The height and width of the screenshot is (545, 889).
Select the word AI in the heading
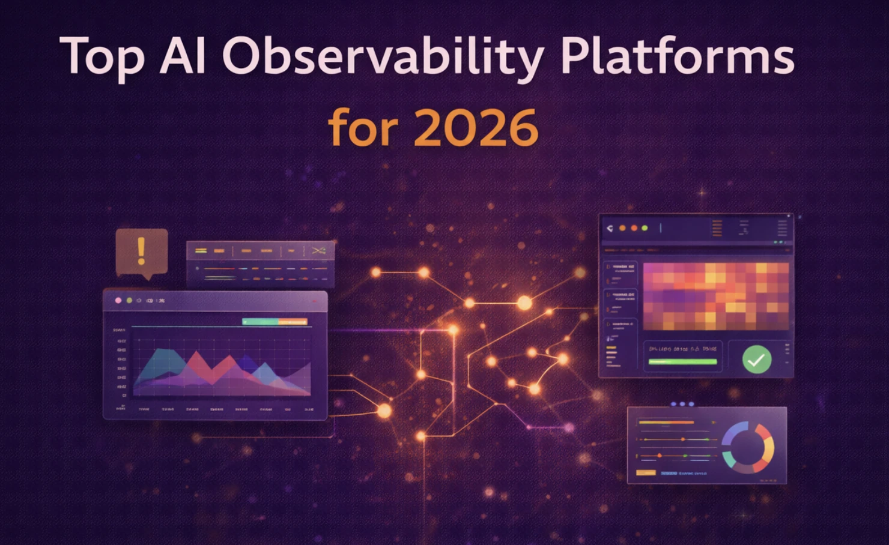tap(183, 56)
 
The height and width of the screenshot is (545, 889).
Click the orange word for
tap(363, 127)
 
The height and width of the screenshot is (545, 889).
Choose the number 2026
tap(476, 128)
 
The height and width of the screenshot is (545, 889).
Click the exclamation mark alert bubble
tap(141, 251)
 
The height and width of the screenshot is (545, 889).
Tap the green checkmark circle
tap(756, 360)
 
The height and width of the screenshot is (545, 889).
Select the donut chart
tap(748, 447)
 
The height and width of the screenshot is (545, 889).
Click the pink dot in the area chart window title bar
tap(118, 300)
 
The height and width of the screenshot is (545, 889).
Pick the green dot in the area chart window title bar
tap(129, 300)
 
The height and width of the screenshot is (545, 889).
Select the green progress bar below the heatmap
tap(682, 362)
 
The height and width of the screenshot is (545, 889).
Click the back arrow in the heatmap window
tap(610, 228)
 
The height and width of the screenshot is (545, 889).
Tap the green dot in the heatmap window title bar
tap(645, 228)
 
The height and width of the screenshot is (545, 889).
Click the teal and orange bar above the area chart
tap(275, 322)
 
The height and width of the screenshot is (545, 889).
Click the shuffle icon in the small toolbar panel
tap(319, 250)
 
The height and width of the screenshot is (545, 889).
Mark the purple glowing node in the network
tap(568, 428)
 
